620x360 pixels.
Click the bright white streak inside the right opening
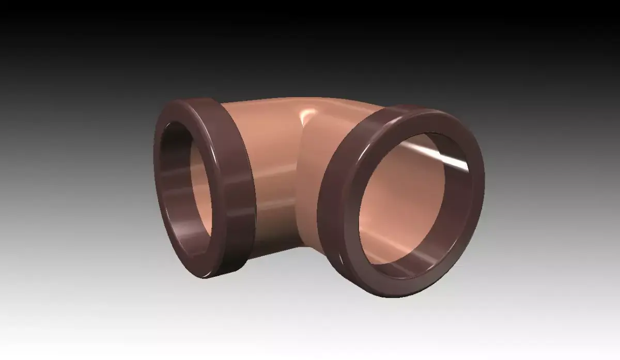(444, 158)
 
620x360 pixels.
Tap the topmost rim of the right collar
(413, 106)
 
